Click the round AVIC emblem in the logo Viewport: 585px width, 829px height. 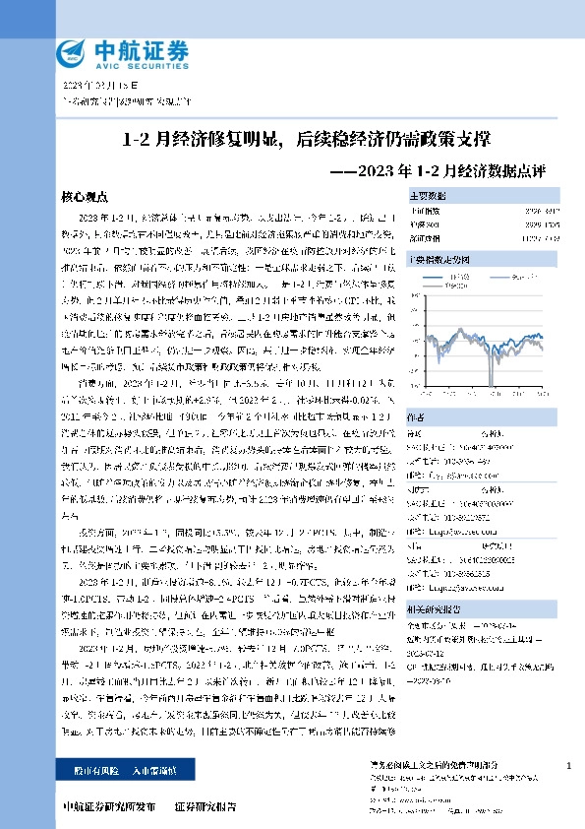71,51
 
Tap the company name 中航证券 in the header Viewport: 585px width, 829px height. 127,45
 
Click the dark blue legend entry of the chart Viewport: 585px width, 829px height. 453,277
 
